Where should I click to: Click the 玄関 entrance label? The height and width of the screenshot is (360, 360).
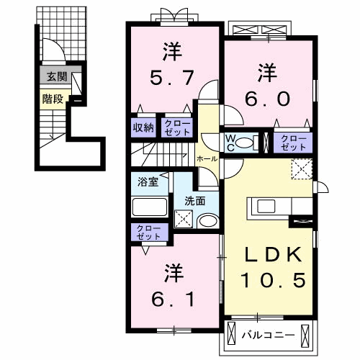(x=53, y=76)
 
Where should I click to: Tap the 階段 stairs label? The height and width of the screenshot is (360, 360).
(x=51, y=99)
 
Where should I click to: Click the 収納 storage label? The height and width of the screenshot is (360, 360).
(x=143, y=127)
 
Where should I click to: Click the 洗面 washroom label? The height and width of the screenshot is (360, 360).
(x=194, y=202)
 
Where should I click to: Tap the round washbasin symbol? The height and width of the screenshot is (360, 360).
(x=207, y=221)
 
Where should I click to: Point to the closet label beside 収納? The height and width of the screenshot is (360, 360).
(x=176, y=127)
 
